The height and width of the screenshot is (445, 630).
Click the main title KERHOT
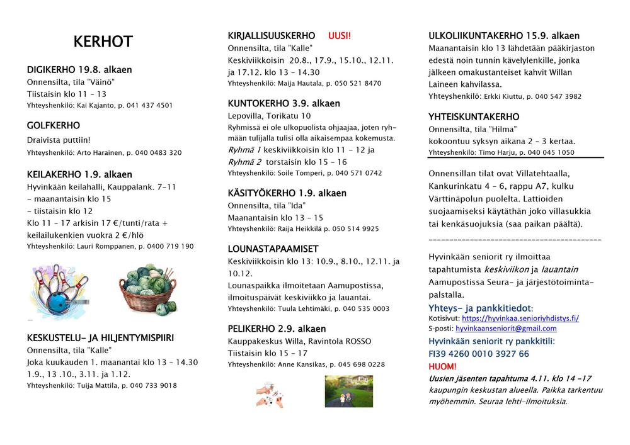(103, 42)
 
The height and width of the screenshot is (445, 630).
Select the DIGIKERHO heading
(79, 69)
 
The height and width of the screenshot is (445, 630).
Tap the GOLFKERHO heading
(54, 125)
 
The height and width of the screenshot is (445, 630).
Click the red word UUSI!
(340, 36)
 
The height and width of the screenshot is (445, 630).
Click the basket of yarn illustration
(148, 289)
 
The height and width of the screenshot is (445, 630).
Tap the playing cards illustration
(270, 393)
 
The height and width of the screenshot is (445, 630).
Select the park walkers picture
(348, 391)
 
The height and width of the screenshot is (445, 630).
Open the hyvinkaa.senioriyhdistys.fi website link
(520, 318)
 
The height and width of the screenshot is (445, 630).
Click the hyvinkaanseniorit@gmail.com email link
(506, 329)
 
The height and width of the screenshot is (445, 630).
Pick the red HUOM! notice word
(442, 366)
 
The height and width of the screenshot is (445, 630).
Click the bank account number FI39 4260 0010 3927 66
(479, 354)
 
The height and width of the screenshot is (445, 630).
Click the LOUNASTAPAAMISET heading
(273, 249)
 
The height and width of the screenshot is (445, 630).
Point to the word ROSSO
(357, 341)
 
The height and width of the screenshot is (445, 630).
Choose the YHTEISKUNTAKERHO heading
(474, 117)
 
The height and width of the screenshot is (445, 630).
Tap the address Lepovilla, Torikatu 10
(269, 116)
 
